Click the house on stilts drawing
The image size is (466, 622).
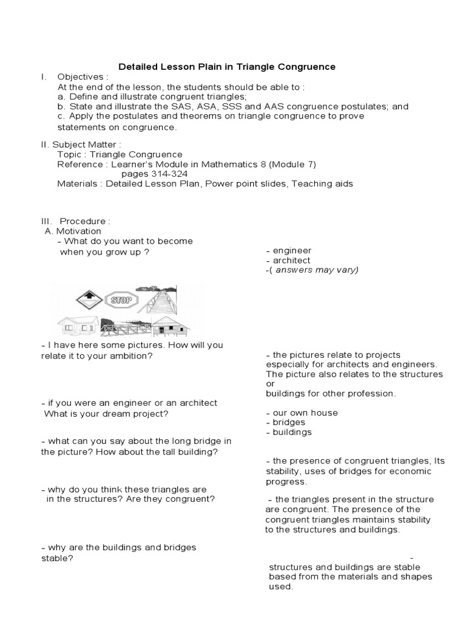(169, 326)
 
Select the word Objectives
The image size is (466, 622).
(81, 77)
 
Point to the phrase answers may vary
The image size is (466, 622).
(317, 270)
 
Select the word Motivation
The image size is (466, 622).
(78, 231)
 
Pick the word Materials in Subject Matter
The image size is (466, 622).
(77, 183)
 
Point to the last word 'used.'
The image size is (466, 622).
(281, 587)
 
